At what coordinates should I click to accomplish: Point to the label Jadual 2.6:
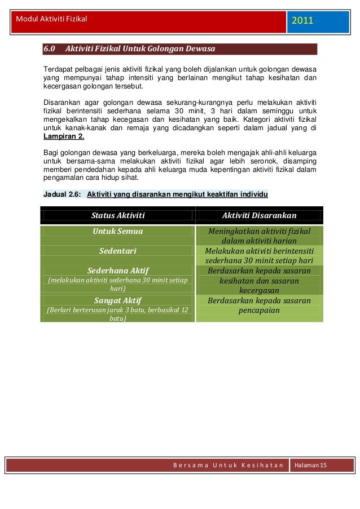tap(62, 194)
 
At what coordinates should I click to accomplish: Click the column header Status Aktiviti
tap(118, 215)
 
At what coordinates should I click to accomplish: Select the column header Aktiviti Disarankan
tap(259, 215)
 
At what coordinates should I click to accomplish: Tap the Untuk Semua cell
tap(118, 231)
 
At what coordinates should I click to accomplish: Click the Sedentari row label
tap(118, 251)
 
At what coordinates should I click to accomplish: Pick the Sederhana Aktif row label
tap(118, 271)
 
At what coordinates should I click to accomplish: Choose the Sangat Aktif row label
tap(118, 300)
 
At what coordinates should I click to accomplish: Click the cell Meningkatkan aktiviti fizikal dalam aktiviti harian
tap(259, 236)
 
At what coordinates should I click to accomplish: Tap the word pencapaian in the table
tap(259, 311)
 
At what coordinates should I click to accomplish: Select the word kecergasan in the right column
tap(259, 291)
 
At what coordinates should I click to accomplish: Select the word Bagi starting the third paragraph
tap(50, 153)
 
